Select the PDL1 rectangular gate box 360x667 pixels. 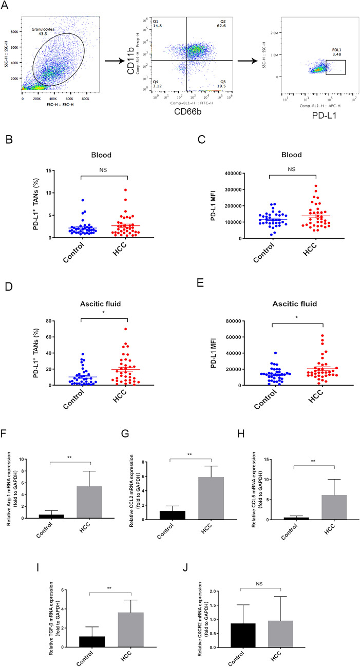(335, 67)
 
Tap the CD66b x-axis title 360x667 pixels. (192, 111)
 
